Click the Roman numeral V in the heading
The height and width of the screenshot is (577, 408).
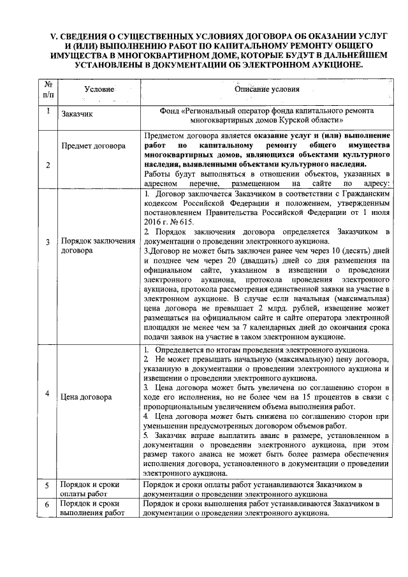tap(45, 38)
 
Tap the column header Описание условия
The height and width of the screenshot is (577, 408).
tap(266, 90)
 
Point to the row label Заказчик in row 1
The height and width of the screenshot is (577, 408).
tap(77, 115)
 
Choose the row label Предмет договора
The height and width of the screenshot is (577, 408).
tap(93, 145)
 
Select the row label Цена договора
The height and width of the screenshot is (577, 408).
tap(87, 397)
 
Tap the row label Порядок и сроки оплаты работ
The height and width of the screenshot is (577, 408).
tap(89, 488)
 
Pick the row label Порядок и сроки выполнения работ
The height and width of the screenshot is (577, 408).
tap(92, 508)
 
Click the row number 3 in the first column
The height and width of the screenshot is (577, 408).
tap(48, 242)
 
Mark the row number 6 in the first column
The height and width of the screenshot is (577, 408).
tap(48, 504)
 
